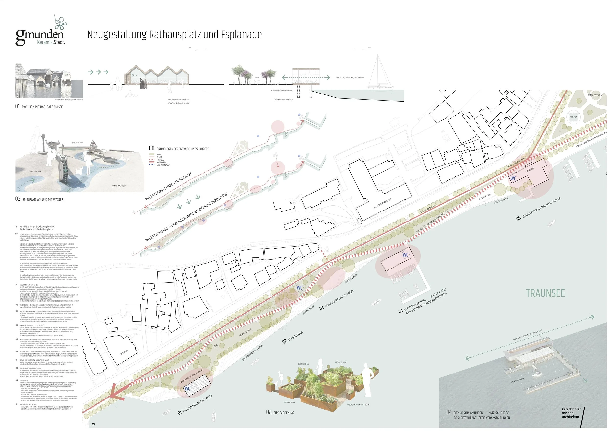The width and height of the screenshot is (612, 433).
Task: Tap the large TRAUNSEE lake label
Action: coord(545,293)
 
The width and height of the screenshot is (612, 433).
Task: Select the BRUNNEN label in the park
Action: coord(573,117)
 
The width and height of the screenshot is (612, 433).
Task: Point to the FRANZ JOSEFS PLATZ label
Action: coord(596,95)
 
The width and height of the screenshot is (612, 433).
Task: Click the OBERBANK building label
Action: coord(124,352)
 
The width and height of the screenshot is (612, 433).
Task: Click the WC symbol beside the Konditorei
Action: coord(513,179)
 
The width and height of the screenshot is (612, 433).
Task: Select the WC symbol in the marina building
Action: coord(405,255)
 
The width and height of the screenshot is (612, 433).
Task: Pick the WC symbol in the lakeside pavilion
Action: coord(188,389)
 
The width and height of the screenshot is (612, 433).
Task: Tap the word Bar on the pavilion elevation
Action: coord(134,75)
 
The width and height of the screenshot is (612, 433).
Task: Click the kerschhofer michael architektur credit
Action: coord(571,413)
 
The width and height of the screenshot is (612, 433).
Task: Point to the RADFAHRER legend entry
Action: coord(161,162)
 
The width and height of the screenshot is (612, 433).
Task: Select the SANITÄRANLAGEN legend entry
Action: coord(163,165)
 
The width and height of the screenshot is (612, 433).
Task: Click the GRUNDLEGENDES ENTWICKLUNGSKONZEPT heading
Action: coord(182,149)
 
